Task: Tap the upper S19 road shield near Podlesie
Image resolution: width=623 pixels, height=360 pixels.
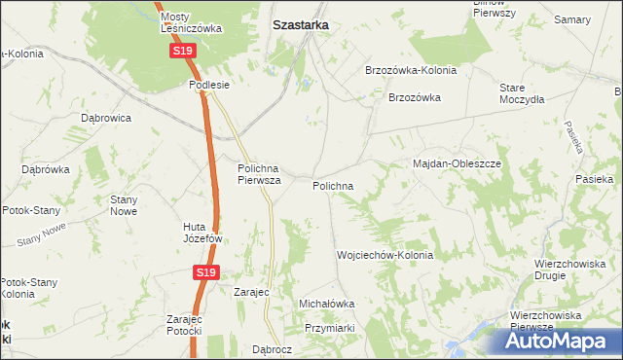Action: [x=182, y=51]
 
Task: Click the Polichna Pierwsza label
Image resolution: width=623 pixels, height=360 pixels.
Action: [x=260, y=174]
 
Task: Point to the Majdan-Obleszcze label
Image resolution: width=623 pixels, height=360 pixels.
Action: [x=457, y=164]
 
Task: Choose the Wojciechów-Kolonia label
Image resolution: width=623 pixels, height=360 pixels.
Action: [x=385, y=255]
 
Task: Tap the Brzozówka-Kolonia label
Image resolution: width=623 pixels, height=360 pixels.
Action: [x=410, y=71]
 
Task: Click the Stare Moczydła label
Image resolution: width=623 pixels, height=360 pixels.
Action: [x=519, y=93]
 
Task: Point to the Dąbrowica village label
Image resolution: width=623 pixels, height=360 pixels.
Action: [x=106, y=118]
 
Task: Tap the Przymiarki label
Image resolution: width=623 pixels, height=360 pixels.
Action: [x=328, y=328]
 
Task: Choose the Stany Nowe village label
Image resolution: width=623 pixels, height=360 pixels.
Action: [x=124, y=204]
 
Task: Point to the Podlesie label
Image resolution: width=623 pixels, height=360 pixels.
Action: [x=209, y=85]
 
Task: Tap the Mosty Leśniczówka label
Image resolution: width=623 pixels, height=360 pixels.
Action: [x=192, y=22]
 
